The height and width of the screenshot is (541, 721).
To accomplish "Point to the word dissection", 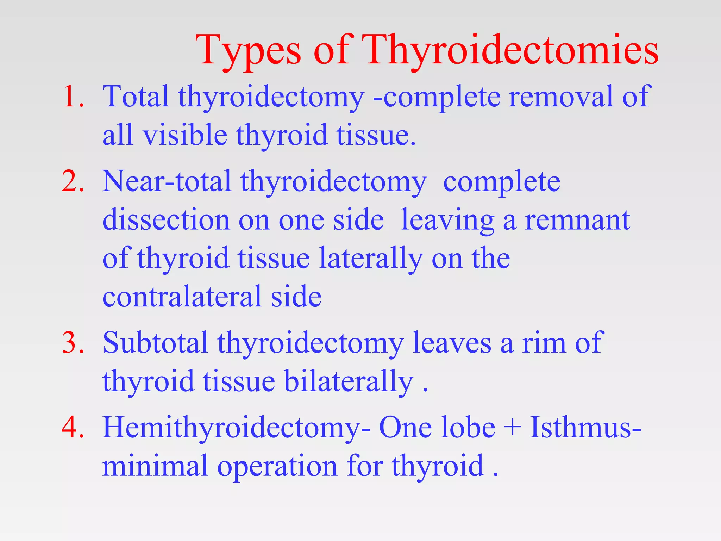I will click(166, 220).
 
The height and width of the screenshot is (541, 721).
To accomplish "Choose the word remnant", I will click(577, 220).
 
